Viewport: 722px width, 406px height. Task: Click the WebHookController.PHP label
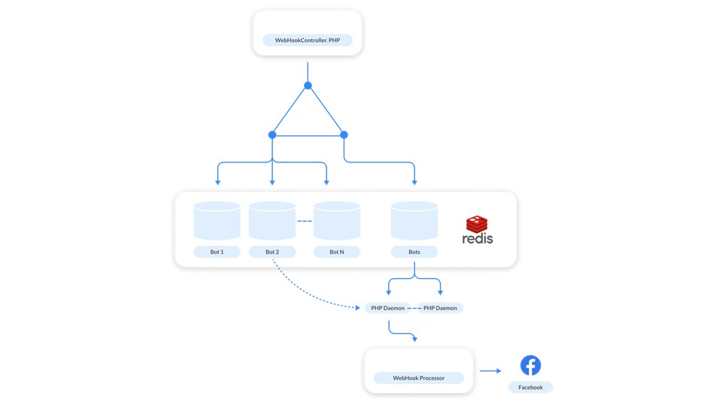click(x=308, y=40)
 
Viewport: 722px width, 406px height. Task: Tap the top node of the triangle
click(x=308, y=85)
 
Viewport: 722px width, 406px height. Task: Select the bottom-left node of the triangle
click(x=272, y=135)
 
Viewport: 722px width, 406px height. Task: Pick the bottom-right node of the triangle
click(x=344, y=135)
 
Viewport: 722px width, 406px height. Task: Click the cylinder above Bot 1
click(x=217, y=220)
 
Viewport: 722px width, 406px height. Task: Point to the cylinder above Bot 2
click(x=272, y=220)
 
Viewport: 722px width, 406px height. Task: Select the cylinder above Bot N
click(x=337, y=220)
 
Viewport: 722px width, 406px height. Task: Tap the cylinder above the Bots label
click(x=414, y=220)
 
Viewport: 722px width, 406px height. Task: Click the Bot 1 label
click(x=217, y=252)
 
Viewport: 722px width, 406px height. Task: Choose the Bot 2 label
click(x=272, y=252)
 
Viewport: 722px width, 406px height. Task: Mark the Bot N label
click(x=337, y=252)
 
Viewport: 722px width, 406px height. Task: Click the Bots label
click(x=414, y=252)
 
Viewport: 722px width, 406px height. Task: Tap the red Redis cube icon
click(x=477, y=224)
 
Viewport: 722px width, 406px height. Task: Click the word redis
click(x=478, y=238)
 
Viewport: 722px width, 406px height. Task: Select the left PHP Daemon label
click(x=388, y=308)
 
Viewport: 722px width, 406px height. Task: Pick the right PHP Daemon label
click(x=440, y=308)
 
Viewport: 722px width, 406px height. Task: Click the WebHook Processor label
click(x=419, y=378)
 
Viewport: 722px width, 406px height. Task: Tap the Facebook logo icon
click(x=530, y=365)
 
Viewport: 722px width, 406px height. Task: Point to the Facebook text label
click(x=530, y=387)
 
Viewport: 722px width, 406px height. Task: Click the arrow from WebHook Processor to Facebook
click(x=490, y=371)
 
